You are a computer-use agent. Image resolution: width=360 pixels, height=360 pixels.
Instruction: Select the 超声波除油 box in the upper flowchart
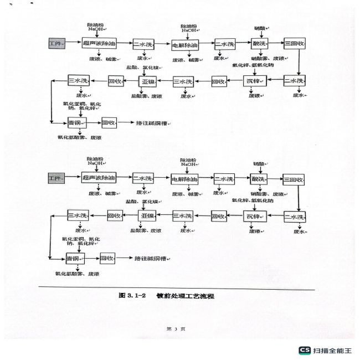coord(99,43)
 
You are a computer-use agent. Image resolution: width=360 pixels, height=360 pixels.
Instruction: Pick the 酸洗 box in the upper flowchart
coord(259,43)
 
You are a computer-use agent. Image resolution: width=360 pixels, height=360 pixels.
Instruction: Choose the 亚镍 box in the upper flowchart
coord(148,82)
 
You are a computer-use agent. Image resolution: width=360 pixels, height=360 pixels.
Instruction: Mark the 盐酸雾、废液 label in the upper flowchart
coord(146,96)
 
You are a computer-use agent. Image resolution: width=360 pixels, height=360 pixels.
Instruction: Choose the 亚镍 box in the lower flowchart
coord(147,215)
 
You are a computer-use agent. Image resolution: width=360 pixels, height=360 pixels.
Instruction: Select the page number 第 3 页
coord(176,329)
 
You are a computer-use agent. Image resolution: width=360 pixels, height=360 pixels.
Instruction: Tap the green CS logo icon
coord(304,350)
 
